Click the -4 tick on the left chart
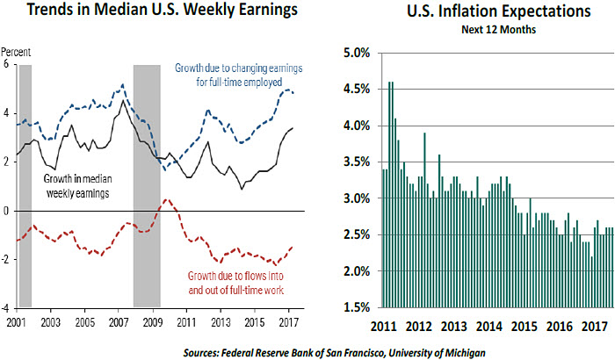8,308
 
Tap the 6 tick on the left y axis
8,65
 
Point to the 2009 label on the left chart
151,321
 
